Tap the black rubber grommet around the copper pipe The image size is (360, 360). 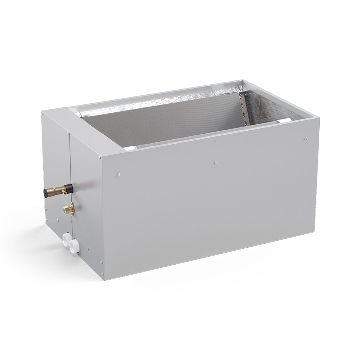(68, 188)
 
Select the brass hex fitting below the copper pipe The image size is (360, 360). (69, 209)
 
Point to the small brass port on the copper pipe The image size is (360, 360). (64, 193)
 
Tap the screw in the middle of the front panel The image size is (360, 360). (215, 163)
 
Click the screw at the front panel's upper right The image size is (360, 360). (306, 139)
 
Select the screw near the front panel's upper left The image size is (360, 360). (119, 175)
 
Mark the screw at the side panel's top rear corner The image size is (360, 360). (44, 114)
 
